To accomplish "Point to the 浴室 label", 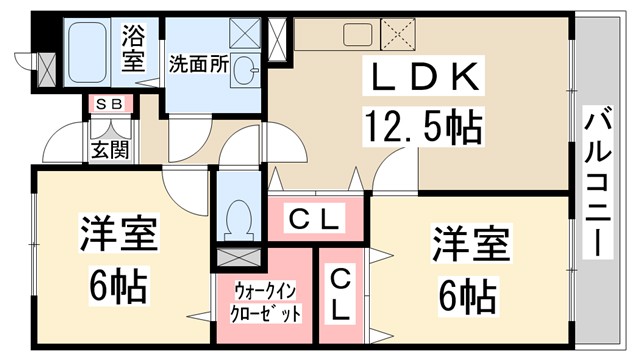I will (x=134, y=47).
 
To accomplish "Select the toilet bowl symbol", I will (x=238, y=216).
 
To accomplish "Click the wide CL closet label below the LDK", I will (x=316, y=216).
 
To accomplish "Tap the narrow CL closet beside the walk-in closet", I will (x=340, y=292).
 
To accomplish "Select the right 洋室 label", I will (x=470, y=244).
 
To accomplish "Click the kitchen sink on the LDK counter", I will (x=356, y=34).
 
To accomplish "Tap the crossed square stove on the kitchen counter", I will (x=402, y=34).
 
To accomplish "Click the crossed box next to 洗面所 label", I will (x=245, y=32).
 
